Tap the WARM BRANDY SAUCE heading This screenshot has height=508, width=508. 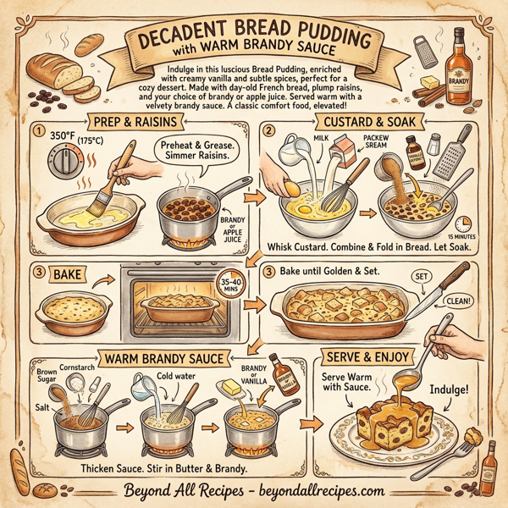[x=160, y=358]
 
